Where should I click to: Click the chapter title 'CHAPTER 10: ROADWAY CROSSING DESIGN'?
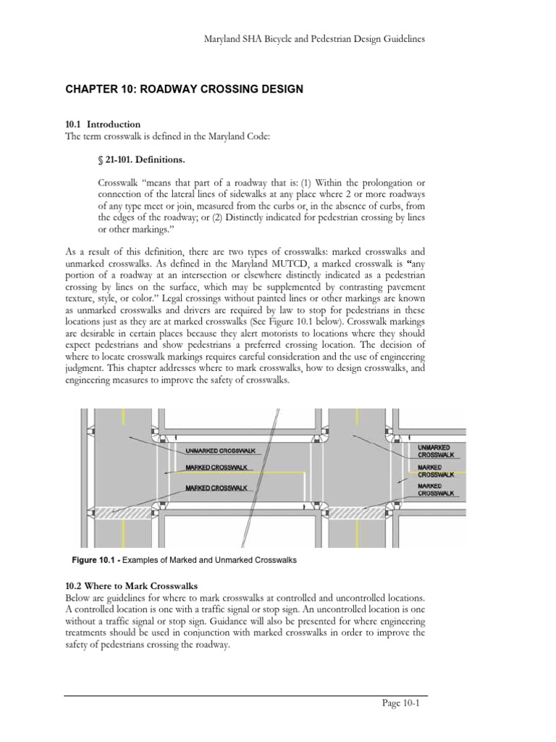point(185,89)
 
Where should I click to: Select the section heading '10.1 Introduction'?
point(103,124)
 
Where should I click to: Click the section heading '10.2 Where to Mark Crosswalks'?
point(131,585)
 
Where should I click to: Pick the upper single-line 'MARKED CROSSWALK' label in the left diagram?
point(216,467)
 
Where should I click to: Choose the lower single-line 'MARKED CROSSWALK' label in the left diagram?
point(216,488)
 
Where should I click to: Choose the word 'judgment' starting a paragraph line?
point(86,369)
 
